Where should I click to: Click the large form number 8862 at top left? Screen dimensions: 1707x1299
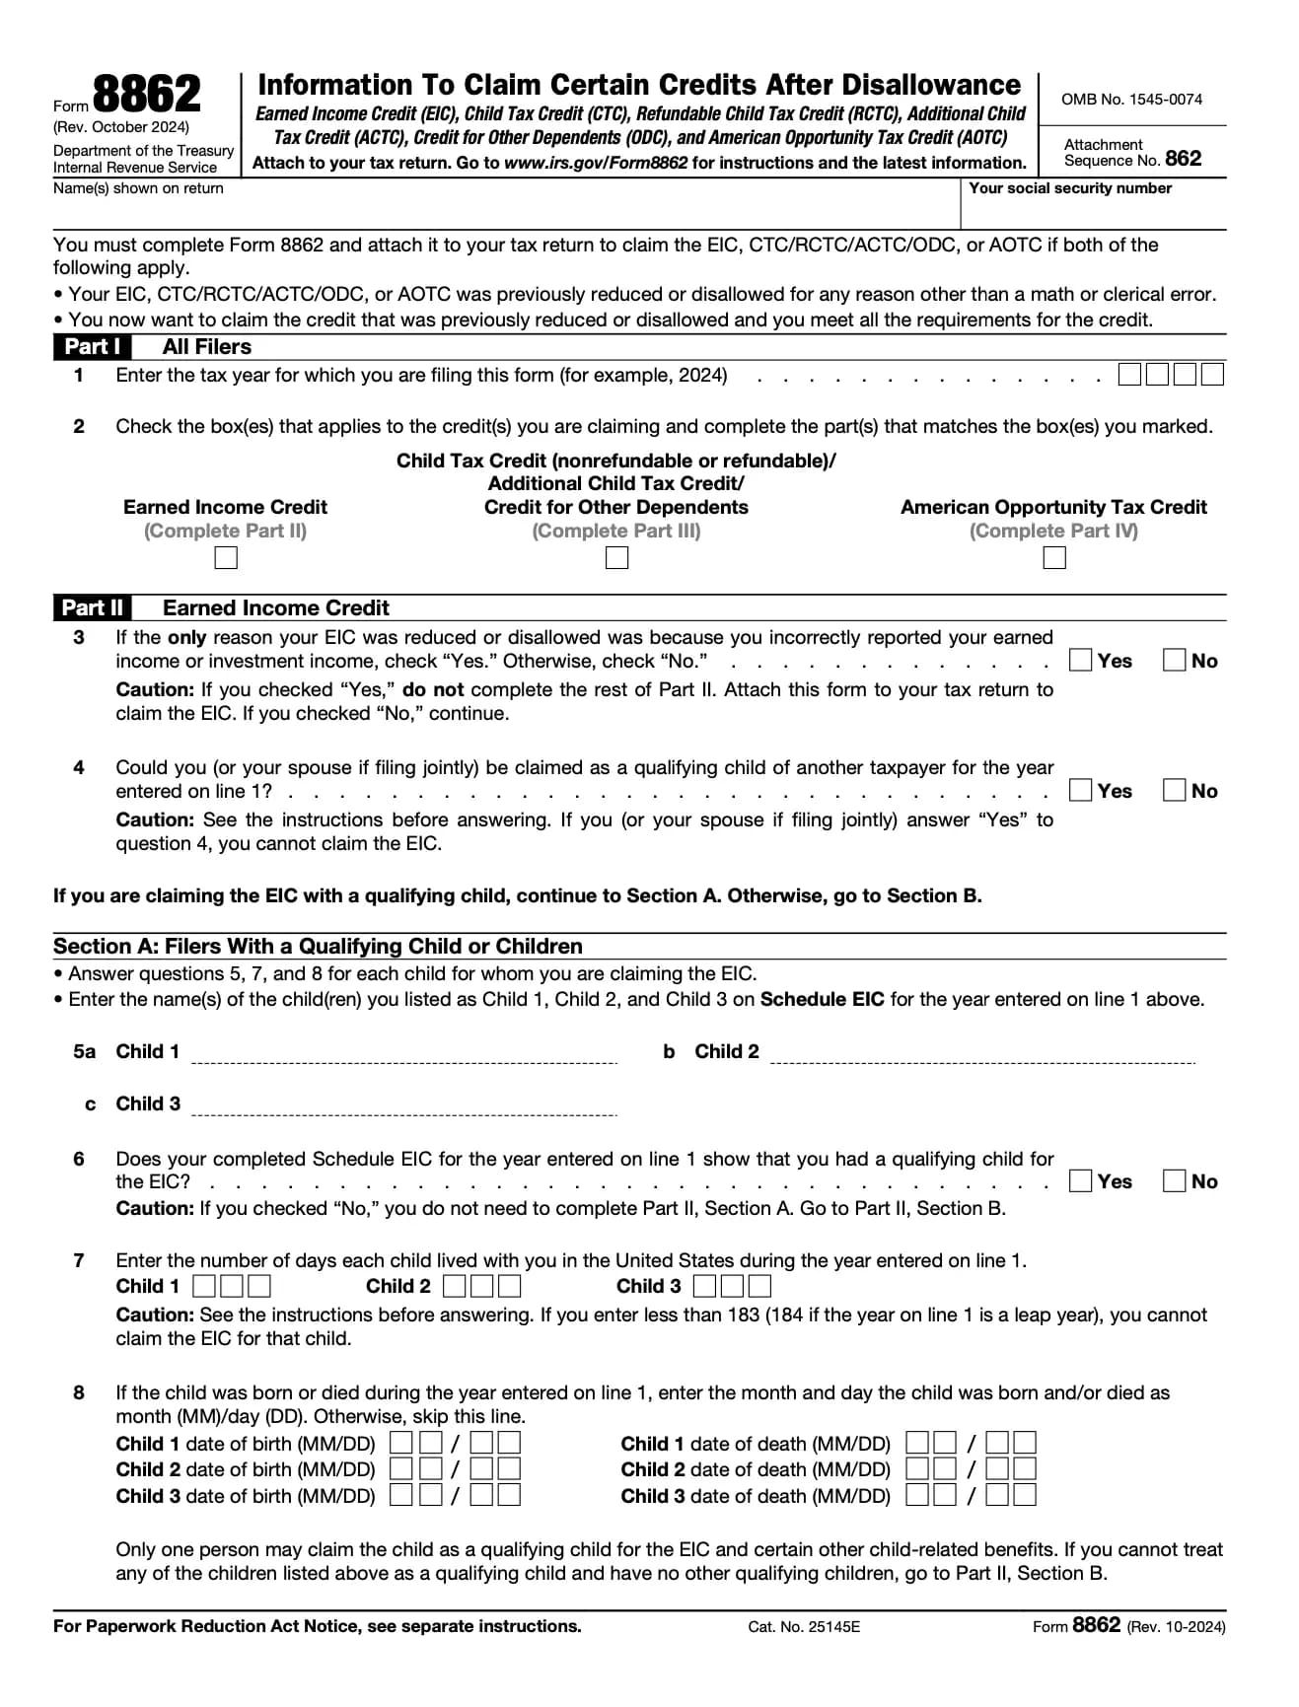tap(146, 96)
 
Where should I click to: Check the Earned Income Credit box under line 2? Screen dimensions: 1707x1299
tap(226, 558)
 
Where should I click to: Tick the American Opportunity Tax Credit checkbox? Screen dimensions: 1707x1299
tap(1054, 558)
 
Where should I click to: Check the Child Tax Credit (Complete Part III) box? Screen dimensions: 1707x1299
tap(616, 558)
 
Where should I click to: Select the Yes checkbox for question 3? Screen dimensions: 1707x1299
tap(1081, 660)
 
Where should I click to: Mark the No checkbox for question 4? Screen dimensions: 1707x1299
tap(1174, 790)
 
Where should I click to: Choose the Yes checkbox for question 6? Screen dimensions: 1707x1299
tap(1081, 1180)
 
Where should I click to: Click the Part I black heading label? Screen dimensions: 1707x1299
tap(92, 347)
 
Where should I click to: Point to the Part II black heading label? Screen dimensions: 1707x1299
tap(93, 607)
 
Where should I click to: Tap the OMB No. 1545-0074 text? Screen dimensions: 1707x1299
tap(1131, 100)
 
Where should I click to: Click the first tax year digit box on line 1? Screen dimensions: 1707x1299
tap(1129, 375)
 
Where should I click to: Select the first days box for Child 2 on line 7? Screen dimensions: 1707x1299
tap(455, 1286)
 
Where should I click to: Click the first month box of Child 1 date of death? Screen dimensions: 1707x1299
tap(917, 1444)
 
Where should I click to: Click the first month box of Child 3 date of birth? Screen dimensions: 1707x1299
tap(401, 1495)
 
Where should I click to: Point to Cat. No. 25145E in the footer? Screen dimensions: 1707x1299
tap(804, 1627)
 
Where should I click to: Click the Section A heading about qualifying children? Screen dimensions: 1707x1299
tap(318, 947)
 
